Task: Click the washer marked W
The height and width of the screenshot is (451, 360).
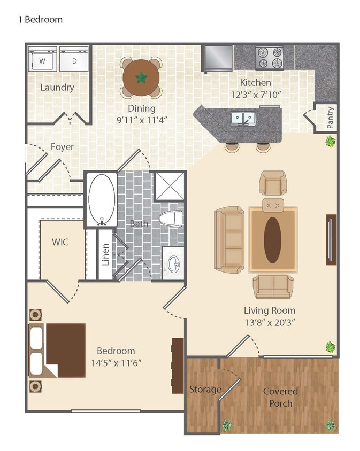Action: pos(42,59)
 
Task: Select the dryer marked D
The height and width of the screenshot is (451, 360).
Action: pos(74,59)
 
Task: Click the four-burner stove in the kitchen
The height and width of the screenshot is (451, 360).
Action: pos(269,58)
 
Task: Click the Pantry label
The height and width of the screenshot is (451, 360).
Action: pos(330,118)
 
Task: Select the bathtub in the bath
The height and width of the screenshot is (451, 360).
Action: pos(101,199)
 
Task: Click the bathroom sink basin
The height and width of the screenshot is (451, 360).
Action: pos(173,263)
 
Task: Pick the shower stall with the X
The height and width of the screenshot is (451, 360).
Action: pos(169,185)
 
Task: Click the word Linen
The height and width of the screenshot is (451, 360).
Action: pos(105,254)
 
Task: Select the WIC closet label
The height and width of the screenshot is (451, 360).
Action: pos(60,242)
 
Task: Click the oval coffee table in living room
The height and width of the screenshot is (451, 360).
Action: pos(272,239)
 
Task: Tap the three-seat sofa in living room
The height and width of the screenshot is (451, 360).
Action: pos(229,239)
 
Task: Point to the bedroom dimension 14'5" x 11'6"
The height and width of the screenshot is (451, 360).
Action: pos(116,363)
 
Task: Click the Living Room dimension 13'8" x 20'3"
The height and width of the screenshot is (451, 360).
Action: pos(269,322)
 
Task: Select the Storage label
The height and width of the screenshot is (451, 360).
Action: pos(205,390)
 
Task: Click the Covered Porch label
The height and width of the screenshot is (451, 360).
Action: pos(280,397)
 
